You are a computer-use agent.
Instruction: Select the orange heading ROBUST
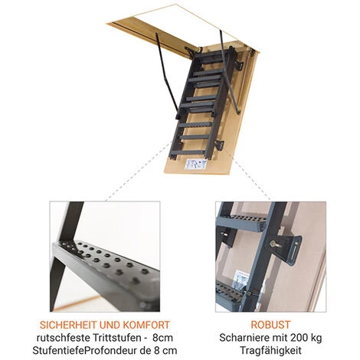click(x=270, y=325)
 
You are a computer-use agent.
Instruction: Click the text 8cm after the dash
click(x=162, y=338)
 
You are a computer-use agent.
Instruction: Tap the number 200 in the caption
click(x=292, y=338)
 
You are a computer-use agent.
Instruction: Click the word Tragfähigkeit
click(x=270, y=351)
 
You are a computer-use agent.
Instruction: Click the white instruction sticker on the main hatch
click(x=195, y=164)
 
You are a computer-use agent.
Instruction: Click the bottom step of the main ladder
click(x=188, y=153)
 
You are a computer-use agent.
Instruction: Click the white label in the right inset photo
click(x=241, y=277)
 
